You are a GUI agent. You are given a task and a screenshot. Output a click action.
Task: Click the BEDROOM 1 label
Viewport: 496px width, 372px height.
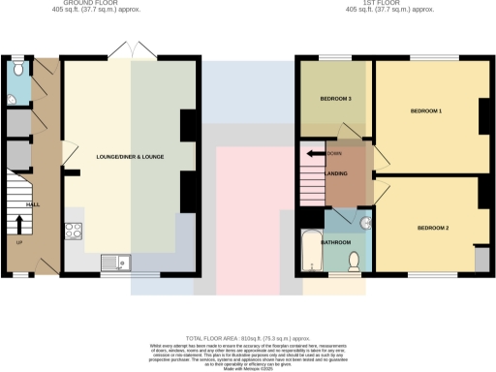(426, 111)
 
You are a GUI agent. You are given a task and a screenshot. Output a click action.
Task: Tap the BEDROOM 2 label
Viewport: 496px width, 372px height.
(433, 228)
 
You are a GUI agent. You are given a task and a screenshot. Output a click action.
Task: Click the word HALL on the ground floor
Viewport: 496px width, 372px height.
(32, 205)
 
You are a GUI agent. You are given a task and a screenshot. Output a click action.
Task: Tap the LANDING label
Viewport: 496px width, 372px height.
(338, 173)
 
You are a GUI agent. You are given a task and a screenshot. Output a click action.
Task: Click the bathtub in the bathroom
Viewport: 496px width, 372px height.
(311, 250)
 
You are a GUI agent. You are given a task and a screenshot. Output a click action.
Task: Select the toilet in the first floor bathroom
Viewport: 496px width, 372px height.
(355, 259)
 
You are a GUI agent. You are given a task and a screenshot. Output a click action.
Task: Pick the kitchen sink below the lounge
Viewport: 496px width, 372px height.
(117, 261)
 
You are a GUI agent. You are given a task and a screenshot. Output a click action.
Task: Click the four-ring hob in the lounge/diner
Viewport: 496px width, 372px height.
(73, 231)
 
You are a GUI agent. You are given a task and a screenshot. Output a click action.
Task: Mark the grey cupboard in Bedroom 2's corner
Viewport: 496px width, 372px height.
(480, 259)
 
